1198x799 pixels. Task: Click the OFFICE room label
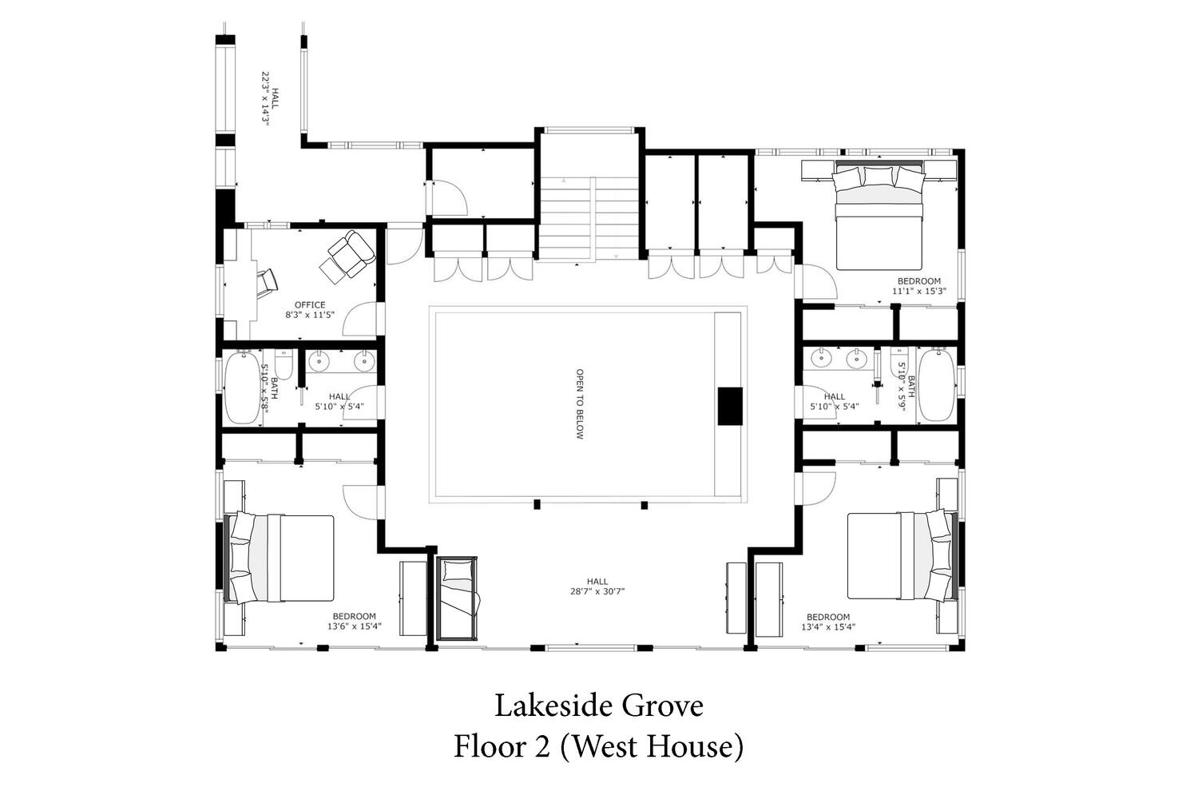(310, 305)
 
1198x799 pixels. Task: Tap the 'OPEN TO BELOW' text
(580, 404)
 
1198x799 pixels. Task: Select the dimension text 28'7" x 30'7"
(597, 591)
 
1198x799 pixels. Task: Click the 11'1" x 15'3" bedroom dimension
(918, 291)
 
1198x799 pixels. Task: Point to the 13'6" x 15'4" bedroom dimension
(354, 626)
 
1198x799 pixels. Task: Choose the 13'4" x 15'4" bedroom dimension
(828, 626)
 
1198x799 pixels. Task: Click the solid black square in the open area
(729, 406)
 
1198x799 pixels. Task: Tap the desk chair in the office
(268, 283)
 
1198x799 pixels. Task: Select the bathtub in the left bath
(242, 388)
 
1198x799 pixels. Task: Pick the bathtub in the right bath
(935, 385)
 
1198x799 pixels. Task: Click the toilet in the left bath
(284, 364)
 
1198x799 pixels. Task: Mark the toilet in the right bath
(898, 362)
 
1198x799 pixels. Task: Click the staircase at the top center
(589, 220)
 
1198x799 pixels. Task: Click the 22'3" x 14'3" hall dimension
(264, 98)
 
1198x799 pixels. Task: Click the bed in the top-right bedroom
(879, 217)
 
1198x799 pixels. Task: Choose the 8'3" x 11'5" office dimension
(310, 315)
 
